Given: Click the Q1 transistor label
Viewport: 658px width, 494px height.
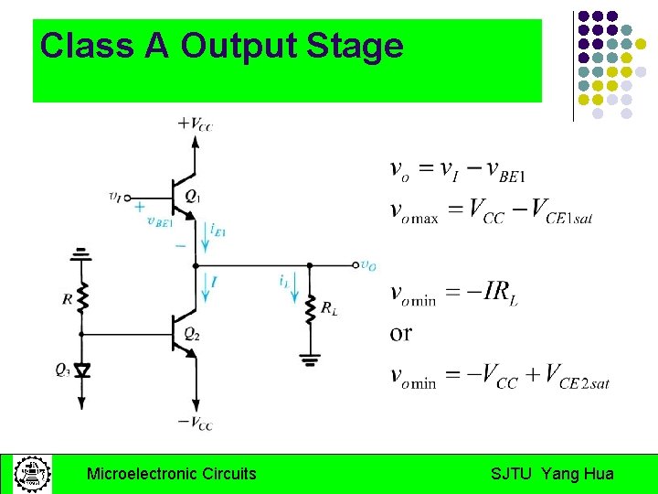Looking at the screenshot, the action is pyautogui.click(x=192, y=195).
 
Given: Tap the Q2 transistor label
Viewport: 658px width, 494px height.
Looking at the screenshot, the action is pyautogui.click(x=192, y=334).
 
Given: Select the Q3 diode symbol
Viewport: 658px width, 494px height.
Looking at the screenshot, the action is pyautogui.click(x=81, y=370).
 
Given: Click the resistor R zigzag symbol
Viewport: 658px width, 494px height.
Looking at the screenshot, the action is pyautogui.click(x=81, y=296).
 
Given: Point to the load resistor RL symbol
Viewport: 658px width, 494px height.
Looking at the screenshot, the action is pyautogui.click(x=312, y=310).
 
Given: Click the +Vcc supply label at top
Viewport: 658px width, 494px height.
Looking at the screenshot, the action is pyautogui.click(x=195, y=123).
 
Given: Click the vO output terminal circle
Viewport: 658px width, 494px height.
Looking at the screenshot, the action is pyautogui.click(x=356, y=264).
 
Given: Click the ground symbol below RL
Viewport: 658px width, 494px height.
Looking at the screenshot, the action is pyautogui.click(x=312, y=360).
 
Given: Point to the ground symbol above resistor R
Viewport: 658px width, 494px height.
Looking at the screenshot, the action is pyautogui.click(x=81, y=252).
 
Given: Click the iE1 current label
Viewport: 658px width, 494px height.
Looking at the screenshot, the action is pyautogui.click(x=218, y=229).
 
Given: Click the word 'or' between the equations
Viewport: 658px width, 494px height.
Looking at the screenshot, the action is pyautogui.click(x=400, y=333).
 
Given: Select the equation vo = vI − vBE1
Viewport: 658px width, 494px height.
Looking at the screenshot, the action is pyautogui.click(x=457, y=170).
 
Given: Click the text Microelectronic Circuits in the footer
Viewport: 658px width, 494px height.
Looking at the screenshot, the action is pyautogui.click(x=171, y=474).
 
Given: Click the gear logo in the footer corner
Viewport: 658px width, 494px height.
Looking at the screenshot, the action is pyautogui.click(x=30, y=474).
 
